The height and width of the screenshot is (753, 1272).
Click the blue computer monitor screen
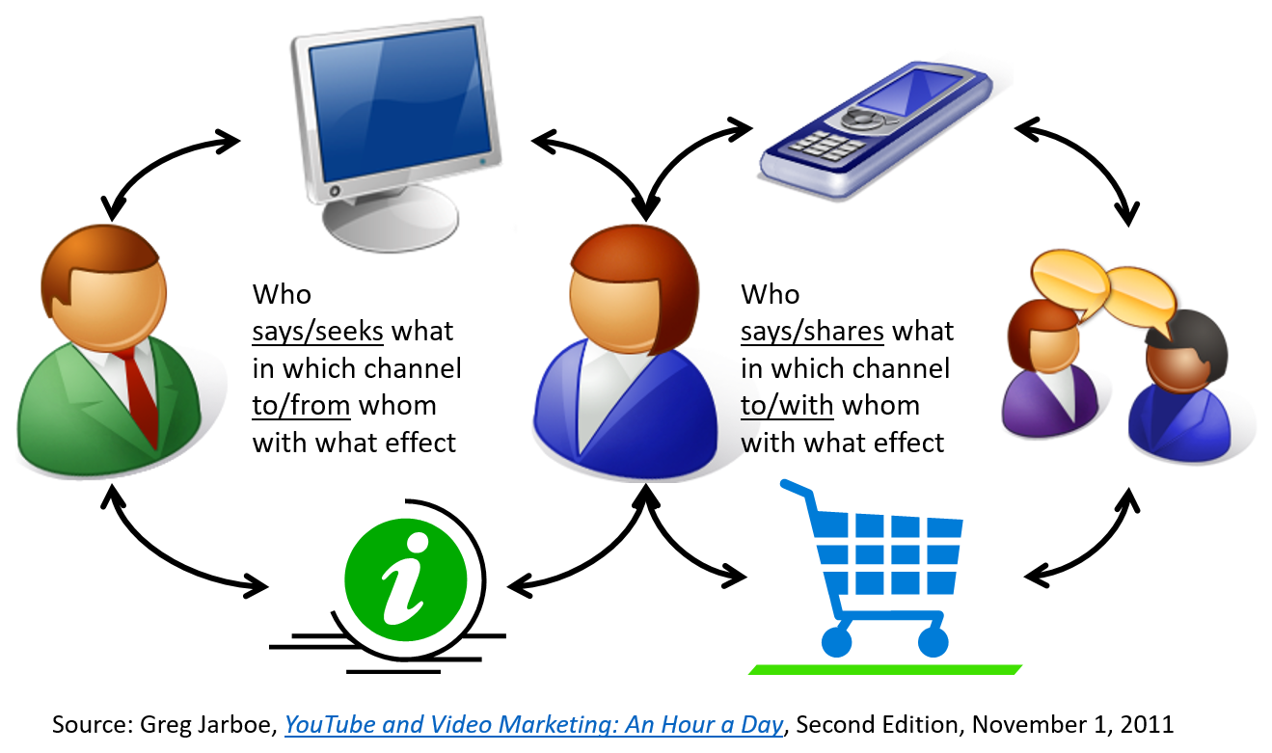400,103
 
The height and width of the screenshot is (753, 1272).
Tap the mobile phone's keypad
827,145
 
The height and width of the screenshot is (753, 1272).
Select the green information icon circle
405,579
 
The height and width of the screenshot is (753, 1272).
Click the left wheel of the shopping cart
836,642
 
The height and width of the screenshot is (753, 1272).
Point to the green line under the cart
884,669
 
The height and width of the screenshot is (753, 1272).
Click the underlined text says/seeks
317,332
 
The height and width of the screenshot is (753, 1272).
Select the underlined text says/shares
812,332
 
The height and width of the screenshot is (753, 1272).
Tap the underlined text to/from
301,406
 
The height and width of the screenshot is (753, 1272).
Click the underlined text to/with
787,406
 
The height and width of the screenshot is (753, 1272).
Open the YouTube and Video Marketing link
534,725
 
